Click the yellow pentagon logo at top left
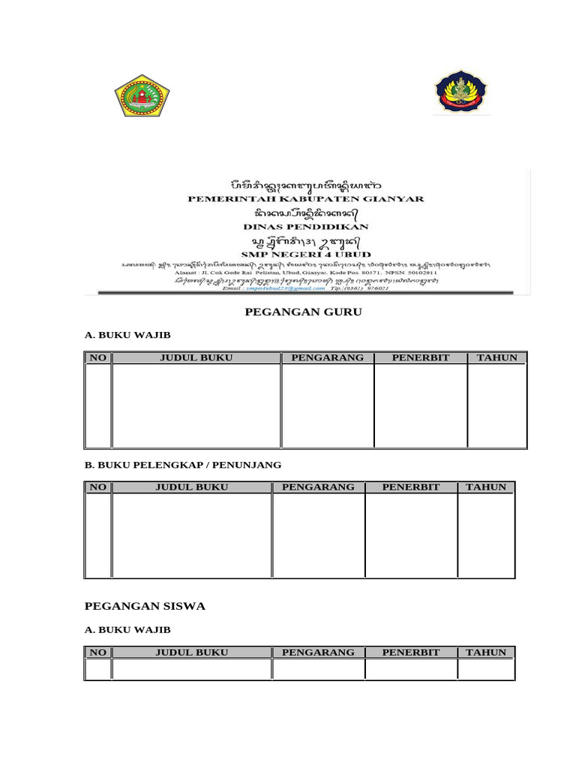click(142, 95)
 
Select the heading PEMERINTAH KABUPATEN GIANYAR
click(305, 199)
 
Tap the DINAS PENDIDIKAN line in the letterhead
click(305, 225)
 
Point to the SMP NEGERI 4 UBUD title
click(305, 254)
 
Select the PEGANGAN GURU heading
click(303, 312)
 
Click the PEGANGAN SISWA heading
click(145, 605)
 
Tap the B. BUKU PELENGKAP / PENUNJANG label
click(183, 465)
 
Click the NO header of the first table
click(98, 357)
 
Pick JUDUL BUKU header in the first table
click(196, 357)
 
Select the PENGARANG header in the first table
click(327, 357)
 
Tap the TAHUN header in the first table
click(496, 357)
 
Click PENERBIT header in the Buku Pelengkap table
click(410, 487)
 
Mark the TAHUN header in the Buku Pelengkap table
click(486, 487)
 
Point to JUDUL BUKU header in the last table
click(191, 653)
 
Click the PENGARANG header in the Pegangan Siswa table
click(318, 653)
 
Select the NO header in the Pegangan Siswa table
click(98, 653)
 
